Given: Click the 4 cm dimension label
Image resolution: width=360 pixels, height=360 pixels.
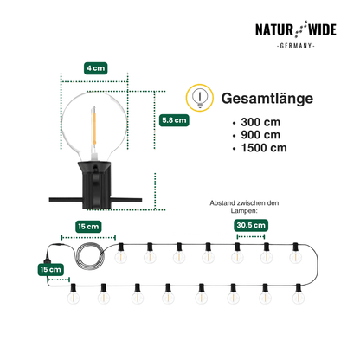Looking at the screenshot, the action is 96,68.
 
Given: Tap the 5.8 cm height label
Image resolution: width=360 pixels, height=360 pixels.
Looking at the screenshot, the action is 174,120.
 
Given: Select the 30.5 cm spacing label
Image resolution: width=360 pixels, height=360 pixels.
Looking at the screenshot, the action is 251,225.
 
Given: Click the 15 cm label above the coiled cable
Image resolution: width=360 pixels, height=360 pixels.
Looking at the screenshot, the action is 88,227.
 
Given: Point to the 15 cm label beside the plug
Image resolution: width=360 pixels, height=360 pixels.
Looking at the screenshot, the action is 51,269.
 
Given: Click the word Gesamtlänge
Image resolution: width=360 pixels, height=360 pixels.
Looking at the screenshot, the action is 267,99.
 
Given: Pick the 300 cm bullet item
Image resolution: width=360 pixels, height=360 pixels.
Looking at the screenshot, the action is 260,122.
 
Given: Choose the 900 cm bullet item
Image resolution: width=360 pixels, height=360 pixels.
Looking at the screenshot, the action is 260,135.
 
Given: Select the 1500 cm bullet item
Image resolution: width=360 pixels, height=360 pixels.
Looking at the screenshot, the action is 264,148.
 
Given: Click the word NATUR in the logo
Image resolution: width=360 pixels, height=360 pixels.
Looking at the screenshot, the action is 274,30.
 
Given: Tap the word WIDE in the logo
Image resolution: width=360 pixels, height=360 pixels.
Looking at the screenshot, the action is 322,30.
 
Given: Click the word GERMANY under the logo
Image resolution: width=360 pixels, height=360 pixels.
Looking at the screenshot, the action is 296,46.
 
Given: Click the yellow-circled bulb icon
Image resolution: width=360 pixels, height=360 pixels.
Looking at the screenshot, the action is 200,98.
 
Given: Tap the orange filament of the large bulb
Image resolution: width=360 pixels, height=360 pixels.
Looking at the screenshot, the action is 94,126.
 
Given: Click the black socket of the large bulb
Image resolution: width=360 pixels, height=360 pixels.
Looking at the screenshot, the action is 94,184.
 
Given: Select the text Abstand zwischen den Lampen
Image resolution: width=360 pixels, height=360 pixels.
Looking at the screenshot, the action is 244,207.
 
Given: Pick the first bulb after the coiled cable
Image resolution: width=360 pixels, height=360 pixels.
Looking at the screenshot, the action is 121,254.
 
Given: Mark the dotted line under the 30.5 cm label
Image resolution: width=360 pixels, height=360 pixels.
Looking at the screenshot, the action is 251,236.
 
